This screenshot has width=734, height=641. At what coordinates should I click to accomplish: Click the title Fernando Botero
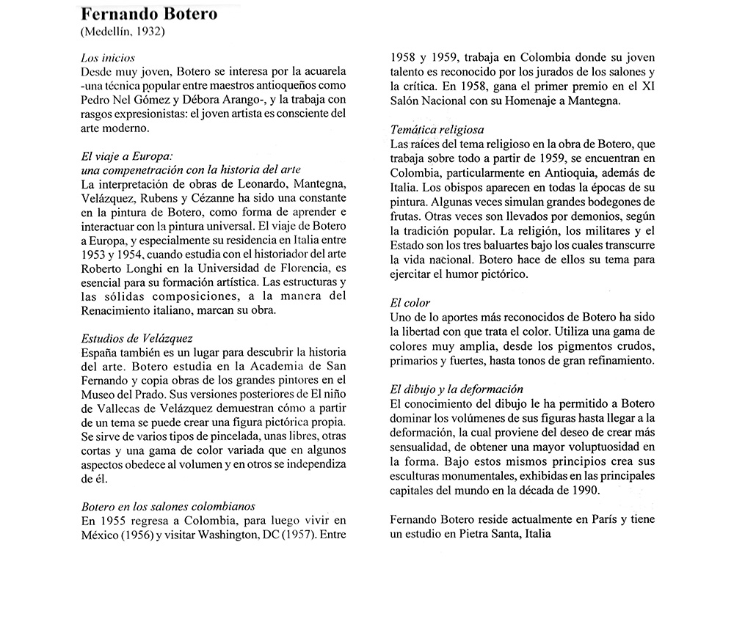coord(148,15)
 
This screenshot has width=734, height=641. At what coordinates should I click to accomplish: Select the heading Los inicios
coord(106,57)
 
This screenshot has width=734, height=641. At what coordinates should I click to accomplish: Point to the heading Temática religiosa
coord(437,131)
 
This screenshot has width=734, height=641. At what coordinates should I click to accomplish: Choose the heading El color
coord(411,302)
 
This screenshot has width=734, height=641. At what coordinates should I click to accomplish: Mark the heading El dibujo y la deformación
coord(457,388)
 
